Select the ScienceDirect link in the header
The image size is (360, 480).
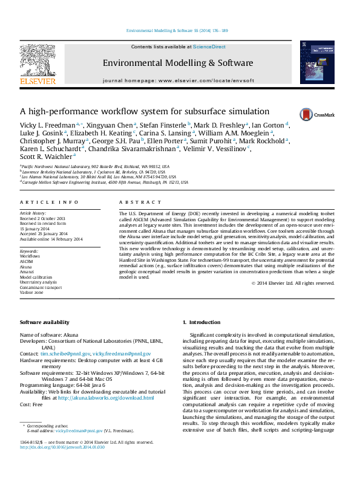click(209, 47)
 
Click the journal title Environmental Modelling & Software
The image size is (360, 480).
click(178, 63)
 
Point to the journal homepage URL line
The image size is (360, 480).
click(178, 80)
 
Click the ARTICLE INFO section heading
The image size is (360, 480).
click(49, 202)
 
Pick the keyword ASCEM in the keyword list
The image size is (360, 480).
click(27, 261)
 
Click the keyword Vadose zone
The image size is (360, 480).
click(31, 292)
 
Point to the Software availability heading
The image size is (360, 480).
click(45, 322)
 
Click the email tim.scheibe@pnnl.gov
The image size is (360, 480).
click(65, 353)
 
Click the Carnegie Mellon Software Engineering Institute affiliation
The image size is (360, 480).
click(97, 181)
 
